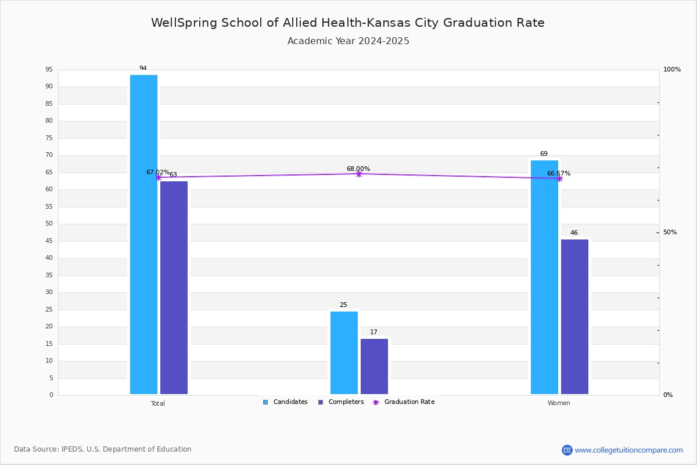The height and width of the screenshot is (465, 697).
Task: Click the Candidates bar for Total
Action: (x=144, y=234)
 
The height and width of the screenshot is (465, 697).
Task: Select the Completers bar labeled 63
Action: (x=174, y=288)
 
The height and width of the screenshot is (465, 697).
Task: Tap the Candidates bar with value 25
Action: (x=344, y=353)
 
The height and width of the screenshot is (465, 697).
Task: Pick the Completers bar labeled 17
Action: (x=374, y=367)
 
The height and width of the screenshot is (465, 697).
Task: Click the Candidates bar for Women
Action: (x=545, y=277)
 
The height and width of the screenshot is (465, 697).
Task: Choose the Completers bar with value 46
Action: (x=574, y=317)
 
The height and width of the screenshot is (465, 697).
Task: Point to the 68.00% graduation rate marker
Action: (x=359, y=174)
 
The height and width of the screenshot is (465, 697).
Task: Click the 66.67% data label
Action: (x=559, y=173)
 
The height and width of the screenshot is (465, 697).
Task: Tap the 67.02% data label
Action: (x=158, y=172)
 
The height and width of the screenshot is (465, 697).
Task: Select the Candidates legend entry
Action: (x=285, y=402)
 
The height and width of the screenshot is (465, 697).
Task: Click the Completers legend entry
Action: (x=341, y=402)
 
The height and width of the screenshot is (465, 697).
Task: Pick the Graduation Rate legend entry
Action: (x=404, y=402)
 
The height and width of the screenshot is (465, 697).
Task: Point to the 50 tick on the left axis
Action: (x=49, y=224)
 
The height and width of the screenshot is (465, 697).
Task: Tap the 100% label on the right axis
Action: (x=672, y=69)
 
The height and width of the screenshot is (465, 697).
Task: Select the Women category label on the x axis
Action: (x=559, y=403)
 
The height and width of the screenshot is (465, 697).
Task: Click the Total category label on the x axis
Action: (x=158, y=403)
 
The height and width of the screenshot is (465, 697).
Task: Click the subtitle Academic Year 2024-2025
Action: (x=348, y=41)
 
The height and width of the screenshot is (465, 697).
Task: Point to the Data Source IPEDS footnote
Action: (x=103, y=449)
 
